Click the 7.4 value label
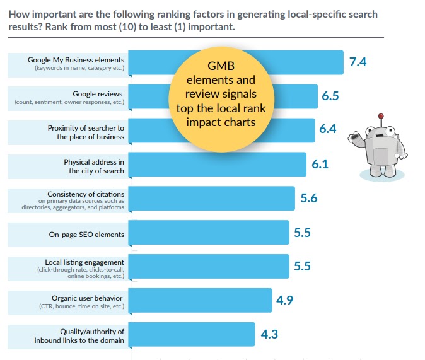[358, 62]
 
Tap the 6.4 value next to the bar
[327, 130]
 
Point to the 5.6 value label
[308, 198]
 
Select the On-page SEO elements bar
[209, 233]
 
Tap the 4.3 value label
[269, 334]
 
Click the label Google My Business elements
[76, 61]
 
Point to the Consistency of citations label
[86, 193]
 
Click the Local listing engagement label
[84, 262]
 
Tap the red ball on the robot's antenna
[380, 116]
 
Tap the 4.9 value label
[284, 299]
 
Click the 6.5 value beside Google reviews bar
[330, 96]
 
